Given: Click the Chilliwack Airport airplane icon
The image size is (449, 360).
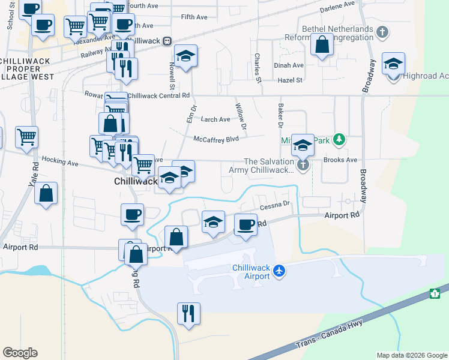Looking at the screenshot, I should tap(279, 271).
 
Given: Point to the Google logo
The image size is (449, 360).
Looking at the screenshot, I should tap(20, 353).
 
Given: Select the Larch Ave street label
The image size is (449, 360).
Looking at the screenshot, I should tap(215, 119).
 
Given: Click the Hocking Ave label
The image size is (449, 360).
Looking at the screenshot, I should tap(60, 163).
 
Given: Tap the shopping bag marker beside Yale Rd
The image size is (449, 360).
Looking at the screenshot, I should tap(46, 193).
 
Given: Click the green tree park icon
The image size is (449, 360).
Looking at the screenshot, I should tap(340, 140).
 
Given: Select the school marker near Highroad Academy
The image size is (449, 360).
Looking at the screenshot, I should tap(393, 64).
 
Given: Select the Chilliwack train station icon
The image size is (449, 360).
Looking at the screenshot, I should tap(167, 40).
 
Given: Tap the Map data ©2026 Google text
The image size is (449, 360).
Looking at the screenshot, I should tap(411, 355).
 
